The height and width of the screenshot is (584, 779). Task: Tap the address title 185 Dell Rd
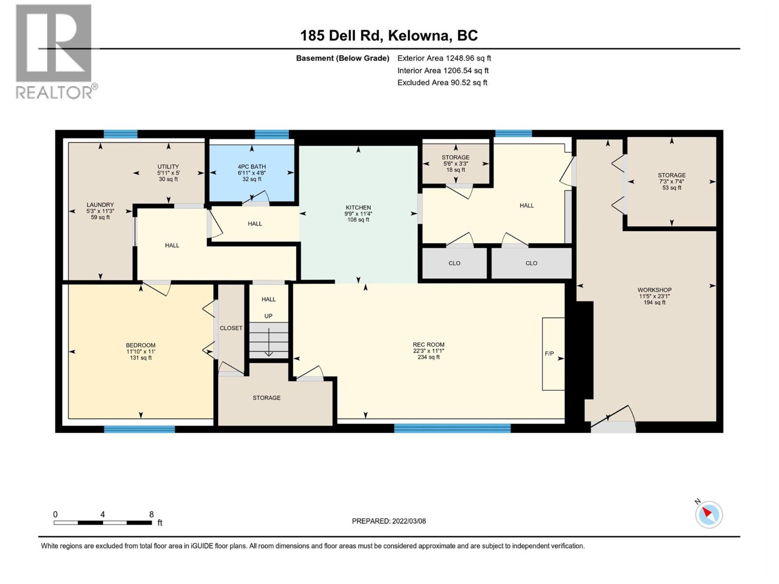pos(389,36)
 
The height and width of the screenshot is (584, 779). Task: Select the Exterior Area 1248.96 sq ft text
pos(444,58)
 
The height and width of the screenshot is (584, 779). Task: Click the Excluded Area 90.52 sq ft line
pos(442,82)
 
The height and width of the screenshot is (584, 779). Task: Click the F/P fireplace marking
pos(549,354)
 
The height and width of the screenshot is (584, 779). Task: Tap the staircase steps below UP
pos(269,341)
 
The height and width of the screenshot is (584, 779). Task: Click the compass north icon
pos(708,514)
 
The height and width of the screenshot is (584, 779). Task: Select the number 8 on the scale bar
pos(151,514)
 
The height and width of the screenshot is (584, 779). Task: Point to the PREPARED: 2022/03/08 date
pos(389,521)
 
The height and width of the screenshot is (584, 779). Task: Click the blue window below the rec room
pos(452,428)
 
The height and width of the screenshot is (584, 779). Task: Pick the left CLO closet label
pos(454,263)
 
